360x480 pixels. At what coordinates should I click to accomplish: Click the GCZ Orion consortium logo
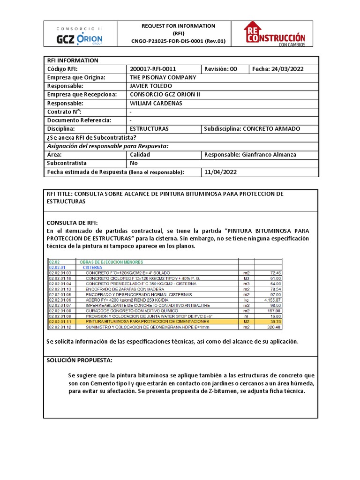[x=79, y=34]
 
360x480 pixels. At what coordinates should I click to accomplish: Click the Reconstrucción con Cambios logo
[x=274, y=34]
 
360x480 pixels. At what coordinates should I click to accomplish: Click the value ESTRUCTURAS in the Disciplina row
[x=149, y=128]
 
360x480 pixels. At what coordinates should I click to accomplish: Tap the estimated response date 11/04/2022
[x=220, y=172]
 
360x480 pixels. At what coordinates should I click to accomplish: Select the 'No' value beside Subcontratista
[x=134, y=163]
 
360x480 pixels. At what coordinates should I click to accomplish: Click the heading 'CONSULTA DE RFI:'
[x=72, y=222]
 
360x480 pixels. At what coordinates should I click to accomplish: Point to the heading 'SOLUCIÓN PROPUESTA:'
[x=79, y=360]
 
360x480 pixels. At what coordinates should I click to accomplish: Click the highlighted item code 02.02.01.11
[x=60, y=321]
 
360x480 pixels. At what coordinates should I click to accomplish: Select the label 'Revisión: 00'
[x=220, y=69]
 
